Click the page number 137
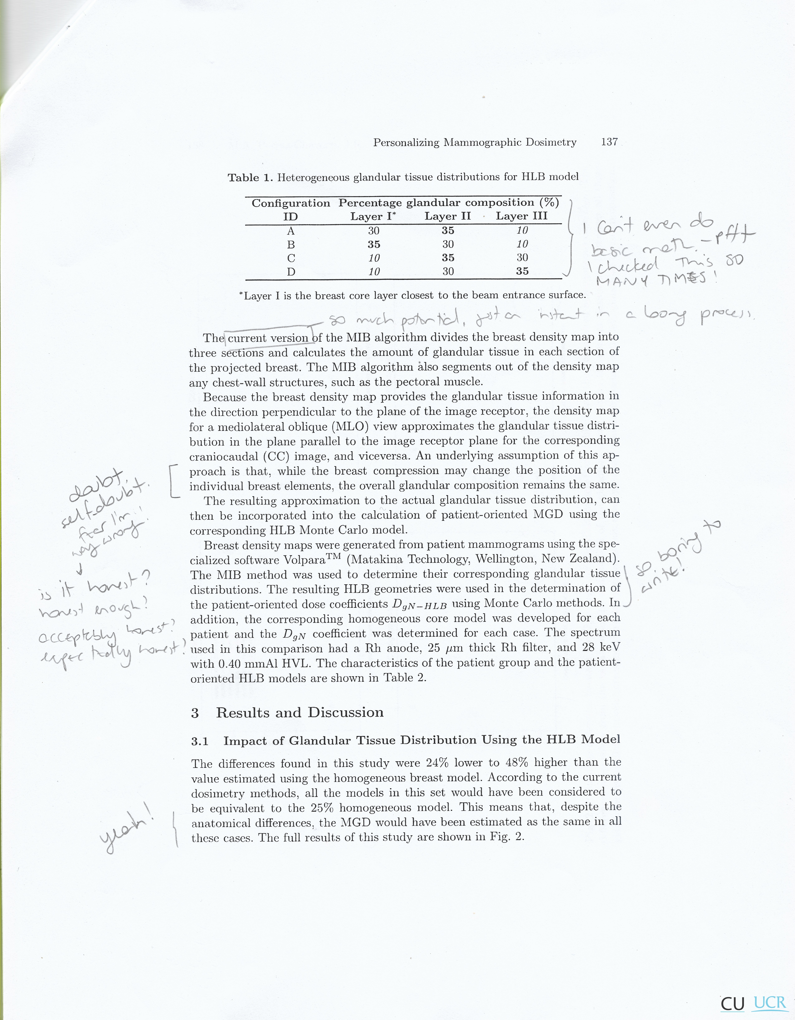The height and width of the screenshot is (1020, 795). (x=609, y=142)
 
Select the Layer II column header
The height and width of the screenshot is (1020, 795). (x=447, y=216)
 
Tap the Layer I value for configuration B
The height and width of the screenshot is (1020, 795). (x=373, y=244)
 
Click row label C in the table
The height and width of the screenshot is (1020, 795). (x=291, y=258)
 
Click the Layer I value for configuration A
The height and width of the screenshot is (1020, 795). (x=373, y=231)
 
